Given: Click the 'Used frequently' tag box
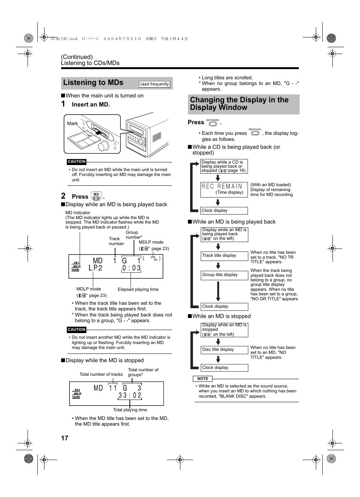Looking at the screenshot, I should point(154,84).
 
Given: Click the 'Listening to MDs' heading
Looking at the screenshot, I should point(93,83).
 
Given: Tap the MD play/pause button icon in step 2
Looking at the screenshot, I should point(96,196).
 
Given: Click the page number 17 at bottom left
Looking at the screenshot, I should point(65,438).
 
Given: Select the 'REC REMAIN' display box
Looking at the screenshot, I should point(224,189).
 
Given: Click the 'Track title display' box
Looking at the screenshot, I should point(224,256).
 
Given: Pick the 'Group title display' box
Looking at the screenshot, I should point(224,275).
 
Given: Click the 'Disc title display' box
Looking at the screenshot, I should point(224,350).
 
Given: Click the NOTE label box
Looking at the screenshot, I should point(203,378).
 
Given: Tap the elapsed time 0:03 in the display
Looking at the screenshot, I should point(131,268).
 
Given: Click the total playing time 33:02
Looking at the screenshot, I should point(129,395).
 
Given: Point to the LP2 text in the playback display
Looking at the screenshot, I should point(95,268).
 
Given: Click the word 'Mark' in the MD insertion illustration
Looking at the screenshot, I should point(72,123).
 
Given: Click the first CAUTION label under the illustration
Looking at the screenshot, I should point(77,162).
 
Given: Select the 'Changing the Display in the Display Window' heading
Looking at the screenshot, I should point(239,104).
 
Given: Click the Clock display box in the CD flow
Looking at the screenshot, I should point(224,211).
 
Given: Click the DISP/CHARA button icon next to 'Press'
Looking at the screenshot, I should point(213,123).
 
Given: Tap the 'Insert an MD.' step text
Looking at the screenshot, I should point(91,105).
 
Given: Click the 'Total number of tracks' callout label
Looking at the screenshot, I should point(101,374).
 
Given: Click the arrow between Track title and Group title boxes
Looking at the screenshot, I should point(218,266).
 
